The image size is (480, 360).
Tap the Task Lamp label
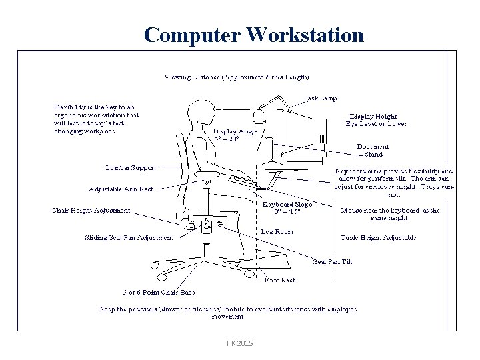pyautogui.click(x=320, y=98)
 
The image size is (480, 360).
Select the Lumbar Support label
pyautogui.click(x=131, y=167)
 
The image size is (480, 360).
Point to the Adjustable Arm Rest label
pyautogui.click(x=121, y=189)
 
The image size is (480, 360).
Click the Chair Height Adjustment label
pyautogui.click(x=91, y=211)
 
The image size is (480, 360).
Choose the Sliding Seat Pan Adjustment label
pyautogui.click(x=129, y=237)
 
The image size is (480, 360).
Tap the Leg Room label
pyautogui.click(x=277, y=231)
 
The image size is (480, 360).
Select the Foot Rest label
pyautogui.click(x=280, y=281)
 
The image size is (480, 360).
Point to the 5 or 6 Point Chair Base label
pyautogui.click(x=159, y=292)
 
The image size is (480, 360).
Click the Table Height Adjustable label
pyautogui.click(x=378, y=237)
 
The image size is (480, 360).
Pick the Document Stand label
pyautogui.click(x=369, y=151)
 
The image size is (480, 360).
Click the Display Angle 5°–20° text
pyautogui.click(x=235, y=135)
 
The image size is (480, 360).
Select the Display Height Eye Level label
pyautogui.click(x=376, y=120)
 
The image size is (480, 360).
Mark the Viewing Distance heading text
pyautogui.click(x=237, y=77)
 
